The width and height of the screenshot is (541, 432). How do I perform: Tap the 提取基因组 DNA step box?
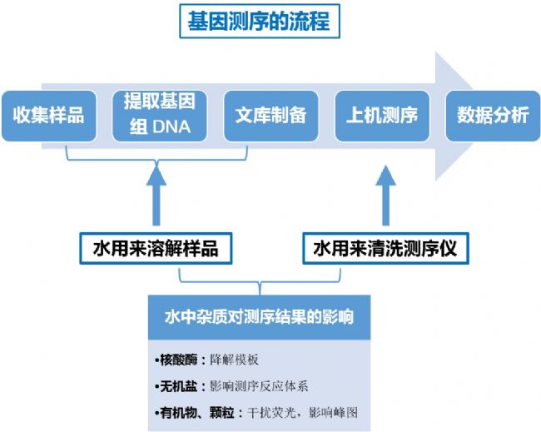pyautogui.click(x=159, y=115)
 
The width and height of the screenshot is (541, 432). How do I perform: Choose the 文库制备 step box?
pyautogui.click(x=270, y=115)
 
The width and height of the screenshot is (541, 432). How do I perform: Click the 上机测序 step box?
pyautogui.click(x=381, y=115)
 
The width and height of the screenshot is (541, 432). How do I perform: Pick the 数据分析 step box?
pyautogui.click(x=492, y=115)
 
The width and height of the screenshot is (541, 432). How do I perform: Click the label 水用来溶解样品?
pyautogui.click(x=156, y=248)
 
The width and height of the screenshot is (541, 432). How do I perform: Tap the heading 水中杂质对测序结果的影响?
pyautogui.click(x=259, y=317)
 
